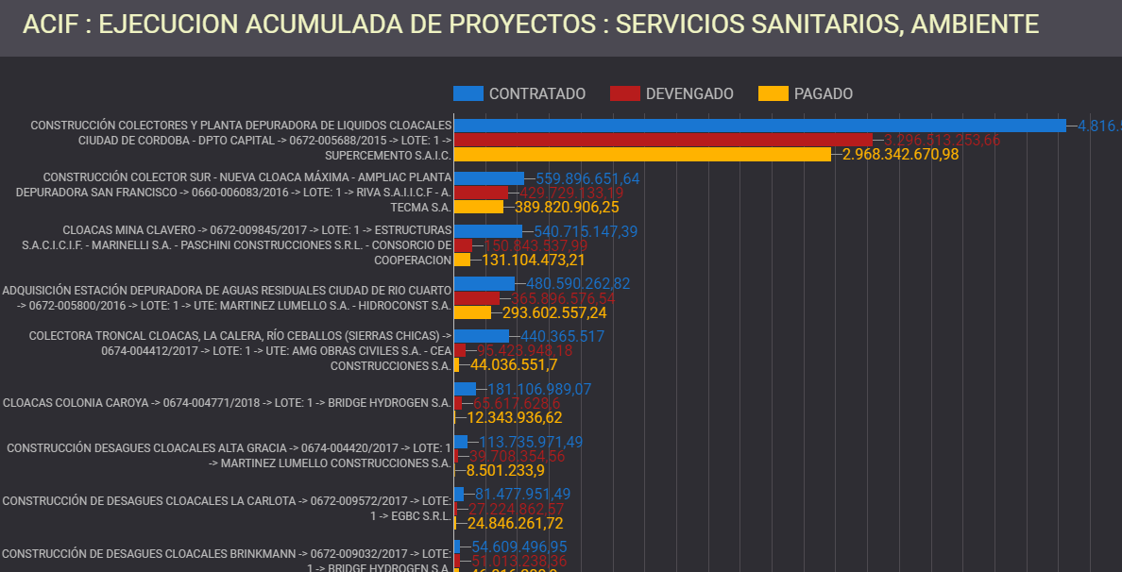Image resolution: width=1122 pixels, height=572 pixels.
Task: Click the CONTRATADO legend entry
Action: [x=519, y=93]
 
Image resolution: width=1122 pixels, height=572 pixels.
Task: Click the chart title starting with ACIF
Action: [x=530, y=25]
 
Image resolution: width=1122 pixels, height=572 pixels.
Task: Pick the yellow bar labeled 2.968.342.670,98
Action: [x=642, y=154]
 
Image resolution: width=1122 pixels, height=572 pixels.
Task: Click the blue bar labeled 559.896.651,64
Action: [x=489, y=178]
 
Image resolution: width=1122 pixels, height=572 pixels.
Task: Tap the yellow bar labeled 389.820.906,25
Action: [x=479, y=207]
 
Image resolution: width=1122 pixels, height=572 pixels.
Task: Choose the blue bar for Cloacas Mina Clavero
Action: [x=488, y=231]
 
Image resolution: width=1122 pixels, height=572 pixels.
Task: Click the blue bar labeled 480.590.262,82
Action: [x=484, y=283]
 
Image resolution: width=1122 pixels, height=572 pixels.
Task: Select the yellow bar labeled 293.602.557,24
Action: [x=472, y=312]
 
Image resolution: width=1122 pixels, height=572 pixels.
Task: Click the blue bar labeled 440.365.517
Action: [x=482, y=336]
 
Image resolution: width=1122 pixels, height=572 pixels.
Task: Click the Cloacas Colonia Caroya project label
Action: [x=227, y=402]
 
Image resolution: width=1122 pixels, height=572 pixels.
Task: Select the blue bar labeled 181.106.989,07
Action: [x=465, y=389]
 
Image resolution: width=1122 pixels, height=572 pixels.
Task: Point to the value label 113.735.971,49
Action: [x=531, y=442]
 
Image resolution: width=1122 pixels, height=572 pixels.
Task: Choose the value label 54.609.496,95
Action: [x=519, y=547]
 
